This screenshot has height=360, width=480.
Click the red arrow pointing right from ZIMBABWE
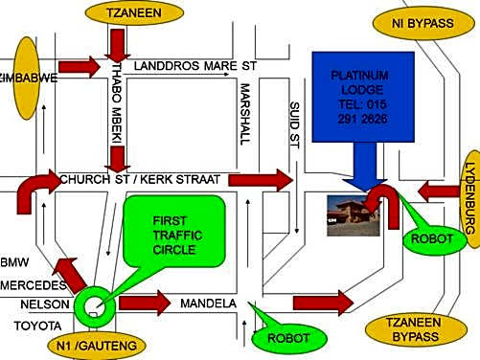[x=79, y=67]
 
